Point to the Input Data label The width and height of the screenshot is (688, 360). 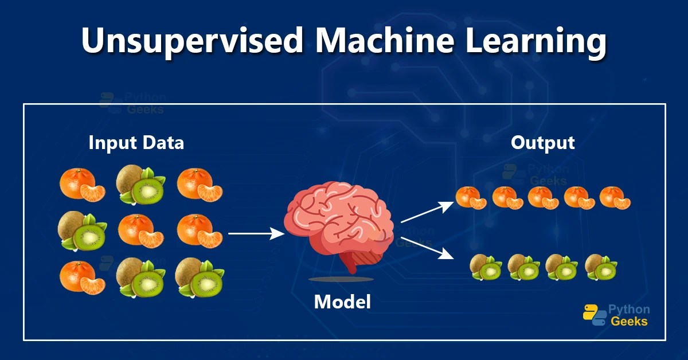[x=136, y=143]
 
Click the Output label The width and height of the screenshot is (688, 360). [x=542, y=143]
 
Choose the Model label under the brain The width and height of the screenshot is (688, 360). [x=342, y=302]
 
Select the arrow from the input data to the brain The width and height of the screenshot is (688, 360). [x=256, y=233]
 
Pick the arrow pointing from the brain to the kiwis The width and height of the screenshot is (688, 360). [x=427, y=248]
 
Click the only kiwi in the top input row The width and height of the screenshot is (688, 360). [x=140, y=185]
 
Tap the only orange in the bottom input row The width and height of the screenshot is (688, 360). [x=83, y=277]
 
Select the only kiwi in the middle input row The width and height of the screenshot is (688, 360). [x=83, y=232]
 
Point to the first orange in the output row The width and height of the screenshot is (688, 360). [x=471, y=198]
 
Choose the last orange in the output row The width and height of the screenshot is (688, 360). [x=615, y=198]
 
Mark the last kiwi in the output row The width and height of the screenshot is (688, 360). [x=601, y=267]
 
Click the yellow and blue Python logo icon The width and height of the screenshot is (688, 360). [x=594, y=315]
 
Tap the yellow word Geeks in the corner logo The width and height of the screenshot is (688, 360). [x=629, y=322]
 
